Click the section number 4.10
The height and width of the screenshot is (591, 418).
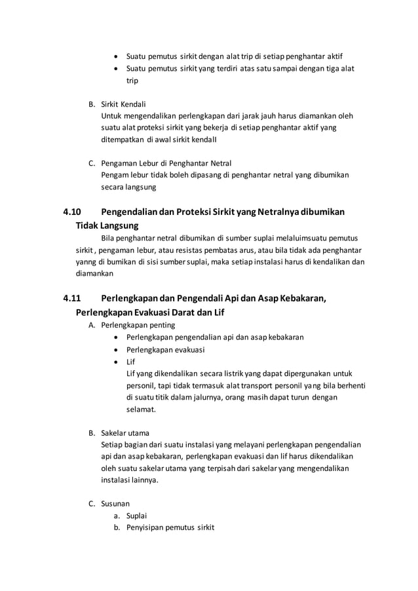pyautogui.click(x=72, y=212)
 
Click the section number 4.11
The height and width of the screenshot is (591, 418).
pyautogui.click(x=72, y=299)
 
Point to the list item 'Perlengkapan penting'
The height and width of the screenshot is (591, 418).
pyautogui.click(x=138, y=324)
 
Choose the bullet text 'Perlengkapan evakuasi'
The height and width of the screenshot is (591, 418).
pyautogui.click(x=165, y=349)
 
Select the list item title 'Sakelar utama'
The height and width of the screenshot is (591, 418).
pyautogui.click(x=124, y=432)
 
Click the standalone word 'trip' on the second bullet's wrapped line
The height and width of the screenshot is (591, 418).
pyautogui.click(x=132, y=80)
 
